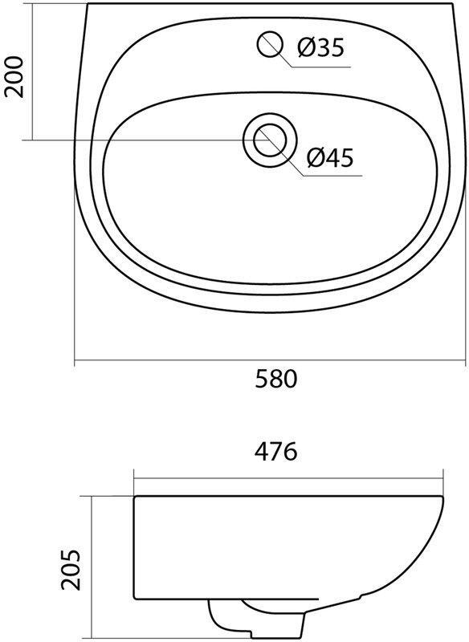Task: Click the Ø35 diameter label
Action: [x=321, y=47]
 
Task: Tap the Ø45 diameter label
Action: [x=330, y=157]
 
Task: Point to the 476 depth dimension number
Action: [x=275, y=452]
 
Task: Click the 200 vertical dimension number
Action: [x=14, y=76]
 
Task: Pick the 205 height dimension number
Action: [x=71, y=569]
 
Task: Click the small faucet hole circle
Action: [x=271, y=44]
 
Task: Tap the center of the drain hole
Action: [x=270, y=139]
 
